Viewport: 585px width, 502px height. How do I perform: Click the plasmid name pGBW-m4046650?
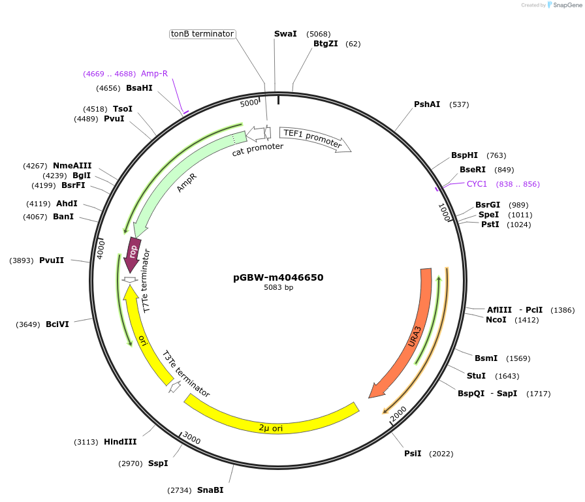tap(278, 277)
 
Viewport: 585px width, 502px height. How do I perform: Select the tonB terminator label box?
tap(202, 34)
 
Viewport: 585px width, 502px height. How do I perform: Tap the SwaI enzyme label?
tap(285, 33)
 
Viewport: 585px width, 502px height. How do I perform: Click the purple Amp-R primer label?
tap(154, 74)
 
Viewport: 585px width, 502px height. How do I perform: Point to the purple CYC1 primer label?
tap(477, 184)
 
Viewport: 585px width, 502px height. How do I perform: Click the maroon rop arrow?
tap(133, 251)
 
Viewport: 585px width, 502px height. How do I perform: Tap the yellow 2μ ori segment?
tap(271, 423)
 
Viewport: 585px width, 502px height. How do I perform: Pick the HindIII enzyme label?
tap(120, 442)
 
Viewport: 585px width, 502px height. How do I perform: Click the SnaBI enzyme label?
tap(210, 490)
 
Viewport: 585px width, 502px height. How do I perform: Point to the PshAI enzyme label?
tap(427, 104)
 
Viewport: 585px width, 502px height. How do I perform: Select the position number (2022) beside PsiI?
tap(441, 454)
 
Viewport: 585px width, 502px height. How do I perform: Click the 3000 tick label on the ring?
tap(191, 438)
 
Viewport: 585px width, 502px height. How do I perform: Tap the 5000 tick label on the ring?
tap(249, 104)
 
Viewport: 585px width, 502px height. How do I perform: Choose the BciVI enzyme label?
tap(57, 324)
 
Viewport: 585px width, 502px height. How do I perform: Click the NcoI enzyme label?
tap(496, 320)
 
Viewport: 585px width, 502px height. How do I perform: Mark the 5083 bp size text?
tap(278, 288)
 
